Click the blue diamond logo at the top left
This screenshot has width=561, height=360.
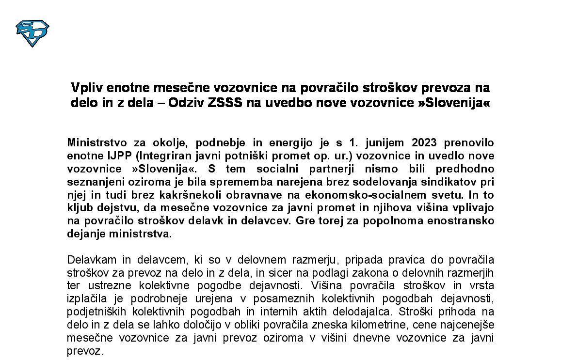32,33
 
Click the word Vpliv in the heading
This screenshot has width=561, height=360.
87,88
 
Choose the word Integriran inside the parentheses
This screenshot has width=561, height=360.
150,156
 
